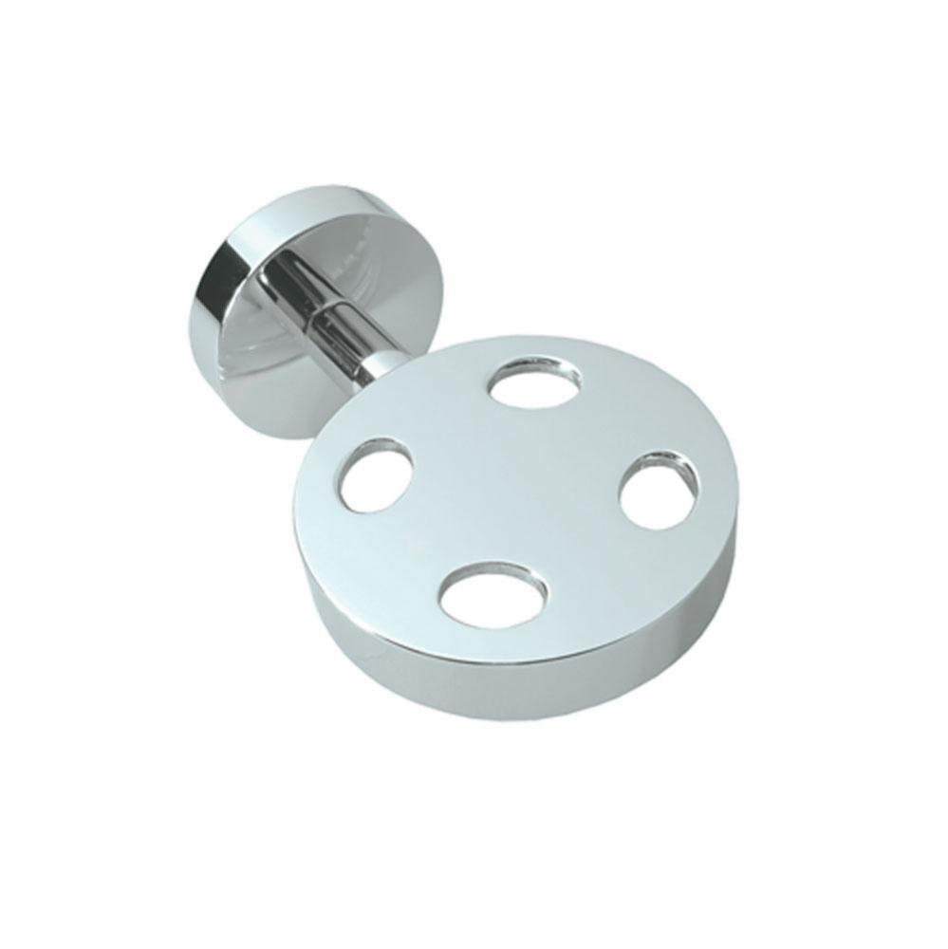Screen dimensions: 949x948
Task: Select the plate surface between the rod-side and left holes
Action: pyautogui.click(x=437, y=418)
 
